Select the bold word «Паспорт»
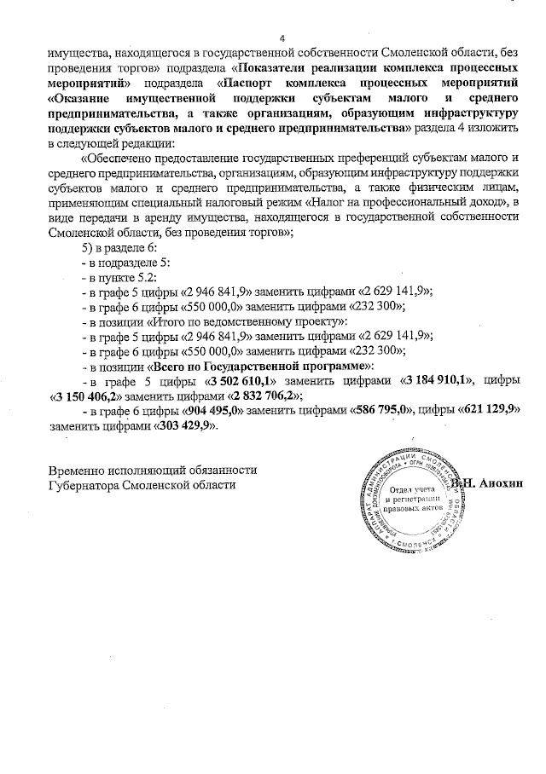257,84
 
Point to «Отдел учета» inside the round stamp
414,494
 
